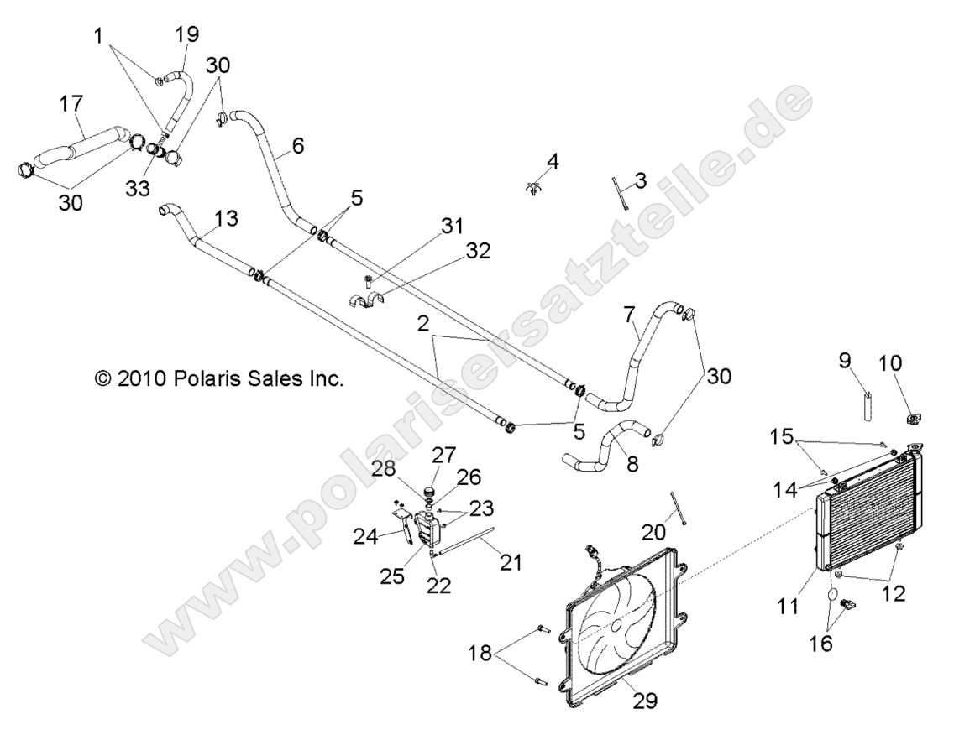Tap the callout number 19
pyautogui.click(x=186, y=35)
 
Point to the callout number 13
pyautogui.click(x=226, y=218)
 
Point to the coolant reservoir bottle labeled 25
pyautogui.click(x=427, y=528)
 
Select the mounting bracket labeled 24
pyautogui.click(x=402, y=525)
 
